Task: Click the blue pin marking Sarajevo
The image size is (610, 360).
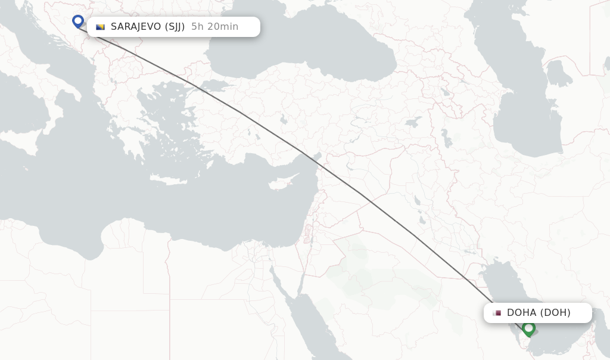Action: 78,21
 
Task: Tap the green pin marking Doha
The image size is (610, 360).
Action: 528,328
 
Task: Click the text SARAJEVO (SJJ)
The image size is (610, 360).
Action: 148,27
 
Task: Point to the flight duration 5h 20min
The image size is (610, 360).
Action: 214,27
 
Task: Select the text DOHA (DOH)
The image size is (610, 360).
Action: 539,313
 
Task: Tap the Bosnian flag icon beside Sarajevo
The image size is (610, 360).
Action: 100,27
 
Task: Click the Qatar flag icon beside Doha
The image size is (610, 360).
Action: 497,313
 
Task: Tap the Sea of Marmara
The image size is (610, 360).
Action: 206,85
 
